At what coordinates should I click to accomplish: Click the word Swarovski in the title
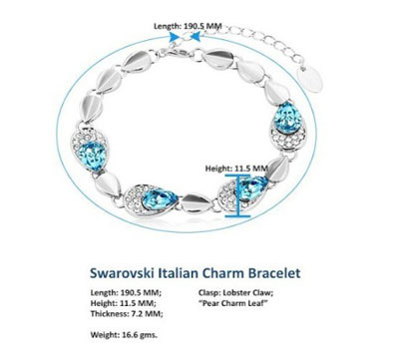click(x=122, y=273)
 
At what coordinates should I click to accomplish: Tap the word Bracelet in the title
click(x=274, y=273)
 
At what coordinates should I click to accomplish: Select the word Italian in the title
click(x=179, y=273)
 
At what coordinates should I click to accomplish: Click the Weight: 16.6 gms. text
click(x=124, y=335)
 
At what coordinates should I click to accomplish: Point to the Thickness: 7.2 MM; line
click(x=127, y=314)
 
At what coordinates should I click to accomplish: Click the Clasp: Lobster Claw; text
click(x=236, y=293)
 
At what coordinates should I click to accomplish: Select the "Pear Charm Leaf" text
click(x=233, y=303)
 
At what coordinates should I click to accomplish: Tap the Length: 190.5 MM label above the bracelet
click(x=188, y=26)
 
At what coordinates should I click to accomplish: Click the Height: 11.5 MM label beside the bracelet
click(x=236, y=169)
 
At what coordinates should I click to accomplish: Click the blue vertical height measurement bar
click(x=237, y=195)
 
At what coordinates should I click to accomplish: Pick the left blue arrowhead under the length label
click(x=174, y=37)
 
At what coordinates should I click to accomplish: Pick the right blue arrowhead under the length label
click(x=197, y=37)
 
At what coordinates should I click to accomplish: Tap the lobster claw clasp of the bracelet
click(x=171, y=55)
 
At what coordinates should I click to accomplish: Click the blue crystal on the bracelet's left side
click(x=92, y=155)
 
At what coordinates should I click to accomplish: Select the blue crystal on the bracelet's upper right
click(x=287, y=117)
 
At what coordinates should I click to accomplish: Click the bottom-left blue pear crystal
click(x=160, y=198)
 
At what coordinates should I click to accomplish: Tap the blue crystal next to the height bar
click(x=253, y=188)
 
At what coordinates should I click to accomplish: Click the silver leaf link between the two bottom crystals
click(x=197, y=203)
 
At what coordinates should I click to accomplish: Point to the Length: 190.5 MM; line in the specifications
click(x=126, y=293)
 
